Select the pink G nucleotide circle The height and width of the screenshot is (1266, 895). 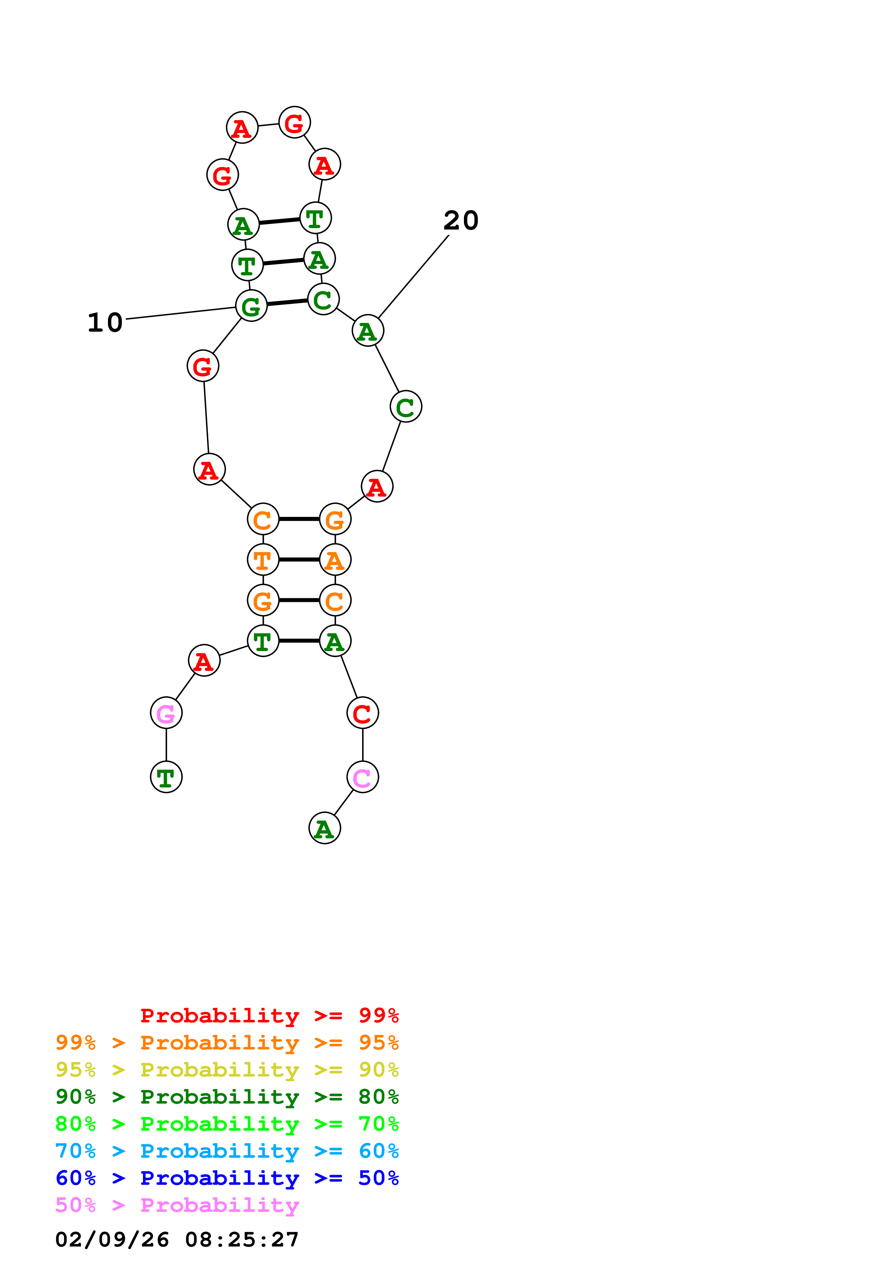(166, 713)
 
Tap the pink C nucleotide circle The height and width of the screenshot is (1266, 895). (362, 777)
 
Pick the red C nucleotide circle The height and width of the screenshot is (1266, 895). (362, 713)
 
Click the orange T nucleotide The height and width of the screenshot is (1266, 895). (263, 560)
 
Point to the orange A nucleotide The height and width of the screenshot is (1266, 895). (335, 560)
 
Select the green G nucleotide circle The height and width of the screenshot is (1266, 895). (251, 306)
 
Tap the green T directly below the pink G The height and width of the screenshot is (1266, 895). (166, 777)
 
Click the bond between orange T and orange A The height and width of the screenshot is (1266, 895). (299, 560)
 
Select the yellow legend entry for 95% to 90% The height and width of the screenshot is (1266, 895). (227, 1070)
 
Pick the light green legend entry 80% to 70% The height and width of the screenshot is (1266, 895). (227, 1124)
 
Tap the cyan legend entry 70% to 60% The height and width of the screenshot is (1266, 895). (227, 1151)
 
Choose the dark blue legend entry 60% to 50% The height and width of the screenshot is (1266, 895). (227, 1178)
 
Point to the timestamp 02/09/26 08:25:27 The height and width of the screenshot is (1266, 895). (177, 1240)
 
